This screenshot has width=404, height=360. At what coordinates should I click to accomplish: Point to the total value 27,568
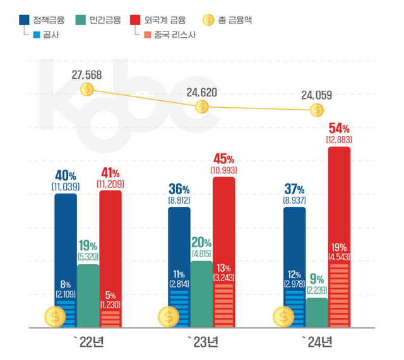[86, 76]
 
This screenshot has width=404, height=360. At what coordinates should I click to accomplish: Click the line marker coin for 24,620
[201, 107]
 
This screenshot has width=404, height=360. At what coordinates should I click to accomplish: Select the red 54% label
[339, 127]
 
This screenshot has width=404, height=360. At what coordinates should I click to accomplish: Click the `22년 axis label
[88, 342]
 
